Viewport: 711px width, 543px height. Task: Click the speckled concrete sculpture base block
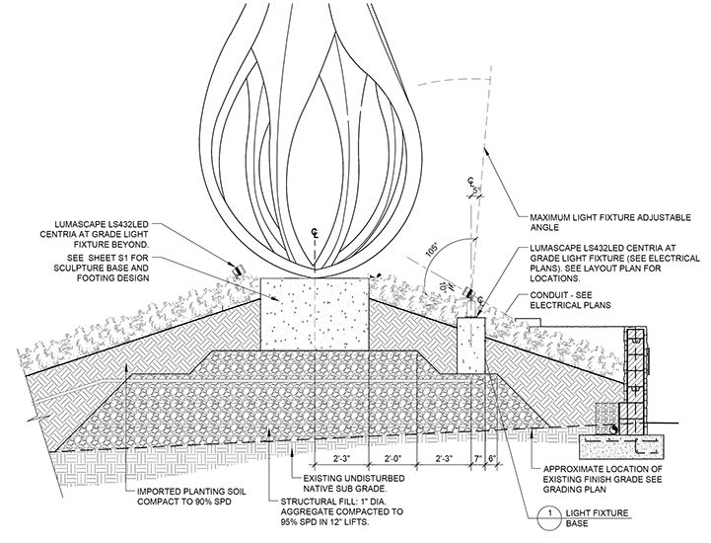click(x=314, y=311)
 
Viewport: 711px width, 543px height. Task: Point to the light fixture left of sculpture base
click(x=239, y=267)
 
